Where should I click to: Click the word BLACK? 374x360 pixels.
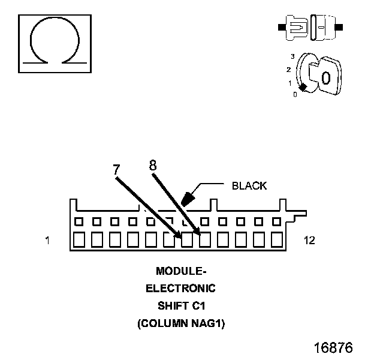click(x=249, y=186)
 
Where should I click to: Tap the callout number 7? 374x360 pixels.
click(x=116, y=169)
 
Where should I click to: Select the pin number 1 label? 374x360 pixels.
click(x=47, y=241)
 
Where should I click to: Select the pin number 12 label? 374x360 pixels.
click(x=309, y=241)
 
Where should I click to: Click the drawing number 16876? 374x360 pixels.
click(x=333, y=348)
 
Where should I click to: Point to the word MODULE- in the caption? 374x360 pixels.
click(x=180, y=271)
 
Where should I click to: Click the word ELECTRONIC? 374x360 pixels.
click(x=180, y=288)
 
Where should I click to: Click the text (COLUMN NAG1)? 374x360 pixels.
click(x=180, y=323)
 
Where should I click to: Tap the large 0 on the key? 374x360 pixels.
click(x=325, y=78)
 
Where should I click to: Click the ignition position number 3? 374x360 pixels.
click(x=292, y=56)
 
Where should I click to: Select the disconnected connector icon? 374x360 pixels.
click(x=310, y=28)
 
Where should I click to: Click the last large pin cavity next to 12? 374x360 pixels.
click(x=277, y=241)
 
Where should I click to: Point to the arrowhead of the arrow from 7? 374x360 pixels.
click(x=179, y=237)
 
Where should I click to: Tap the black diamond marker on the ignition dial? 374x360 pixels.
click(x=303, y=88)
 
